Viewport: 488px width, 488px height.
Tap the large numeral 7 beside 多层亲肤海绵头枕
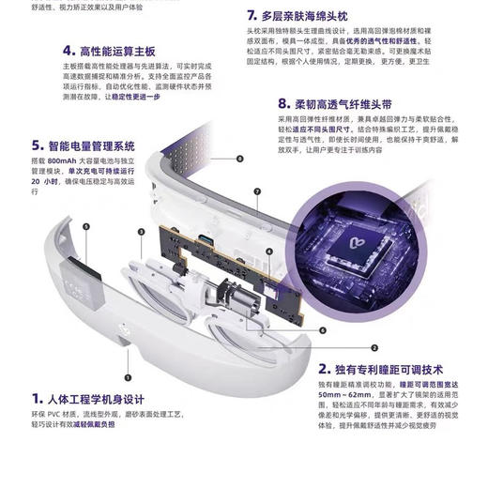(x=252, y=17)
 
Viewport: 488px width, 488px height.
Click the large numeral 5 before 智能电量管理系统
(x=37, y=145)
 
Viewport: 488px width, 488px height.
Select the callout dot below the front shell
(x=126, y=354)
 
